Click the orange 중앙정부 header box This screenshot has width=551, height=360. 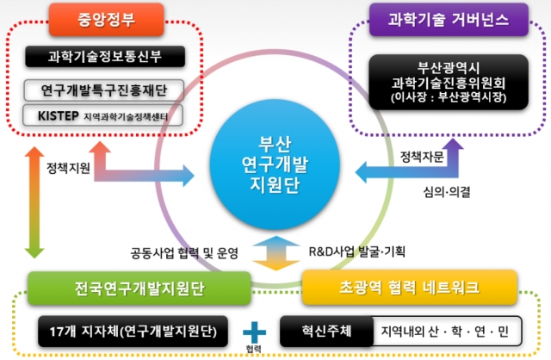tap(106, 19)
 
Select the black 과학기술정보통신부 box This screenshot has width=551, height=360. tap(105, 56)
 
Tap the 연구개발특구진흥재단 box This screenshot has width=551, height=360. tap(103, 90)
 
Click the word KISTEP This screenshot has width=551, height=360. tap(58, 115)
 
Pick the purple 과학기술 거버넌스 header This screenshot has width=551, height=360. tap(449, 19)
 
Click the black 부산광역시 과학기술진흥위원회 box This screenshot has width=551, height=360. tap(449, 83)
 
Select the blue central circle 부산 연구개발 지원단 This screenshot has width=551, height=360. tap(275, 164)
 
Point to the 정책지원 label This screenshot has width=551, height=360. tap(69, 168)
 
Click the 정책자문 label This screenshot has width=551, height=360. tap(422, 157)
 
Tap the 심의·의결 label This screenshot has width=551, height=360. tap(447, 192)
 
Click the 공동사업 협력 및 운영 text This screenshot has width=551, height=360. tap(184, 252)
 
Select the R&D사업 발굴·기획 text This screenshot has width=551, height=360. tap(357, 251)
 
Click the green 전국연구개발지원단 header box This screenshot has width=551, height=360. tap(139, 288)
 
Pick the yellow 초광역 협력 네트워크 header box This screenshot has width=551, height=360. tap(410, 288)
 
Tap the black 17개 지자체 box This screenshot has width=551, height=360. tap(133, 332)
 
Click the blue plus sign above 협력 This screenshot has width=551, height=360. tap(255, 332)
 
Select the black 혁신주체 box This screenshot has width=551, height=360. tap(326, 332)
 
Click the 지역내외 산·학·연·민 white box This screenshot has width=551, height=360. tap(447, 332)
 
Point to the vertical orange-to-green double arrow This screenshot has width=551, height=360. tap(34, 203)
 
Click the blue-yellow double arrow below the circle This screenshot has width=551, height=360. tap(276, 253)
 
